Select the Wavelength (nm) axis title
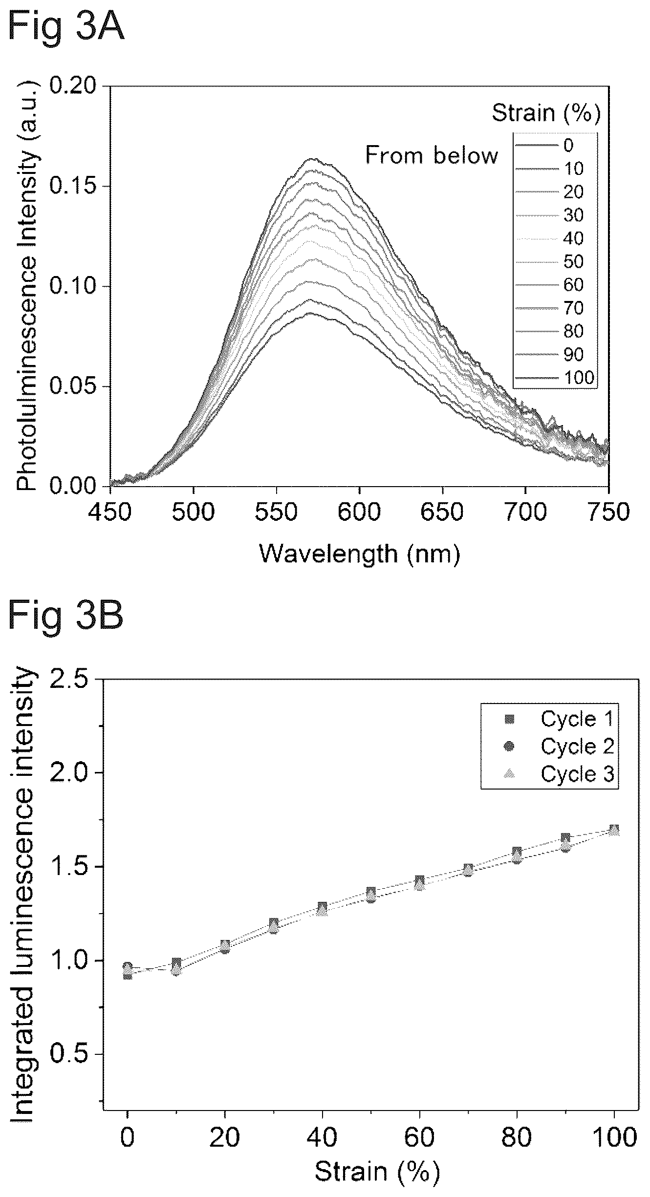click(x=360, y=554)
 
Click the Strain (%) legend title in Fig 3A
click(x=546, y=113)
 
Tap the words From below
click(x=432, y=156)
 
